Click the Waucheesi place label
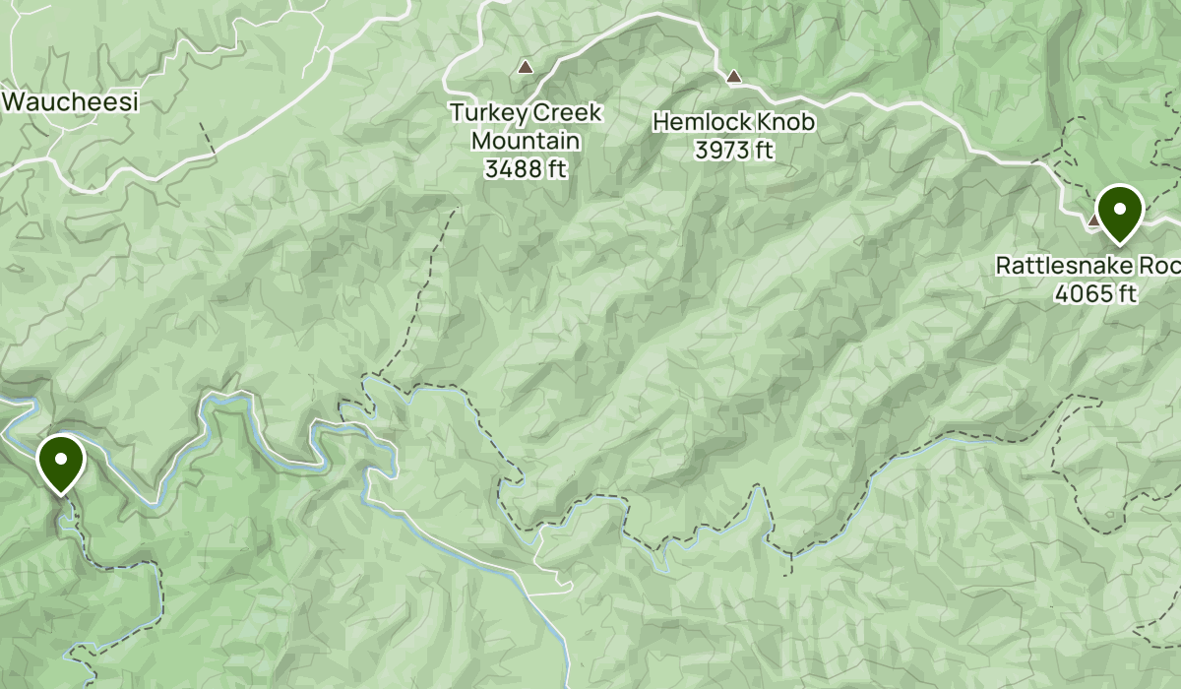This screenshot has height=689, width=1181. (71, 101)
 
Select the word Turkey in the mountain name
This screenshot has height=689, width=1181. (482, 113)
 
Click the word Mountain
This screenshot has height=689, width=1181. (526, 141)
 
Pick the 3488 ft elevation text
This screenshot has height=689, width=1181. (526, 168)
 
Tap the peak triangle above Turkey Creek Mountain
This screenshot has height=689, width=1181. (526, 68)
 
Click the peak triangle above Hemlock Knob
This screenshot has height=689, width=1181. (733, 76)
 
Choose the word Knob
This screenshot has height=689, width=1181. (787, 123)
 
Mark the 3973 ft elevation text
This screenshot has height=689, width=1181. (733, 151)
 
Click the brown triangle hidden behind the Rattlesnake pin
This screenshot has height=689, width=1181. (1093, 221)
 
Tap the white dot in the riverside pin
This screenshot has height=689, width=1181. (61, 458)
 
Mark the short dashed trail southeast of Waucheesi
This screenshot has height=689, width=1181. (208, 139)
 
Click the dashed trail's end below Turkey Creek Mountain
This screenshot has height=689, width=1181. (456, 211)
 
